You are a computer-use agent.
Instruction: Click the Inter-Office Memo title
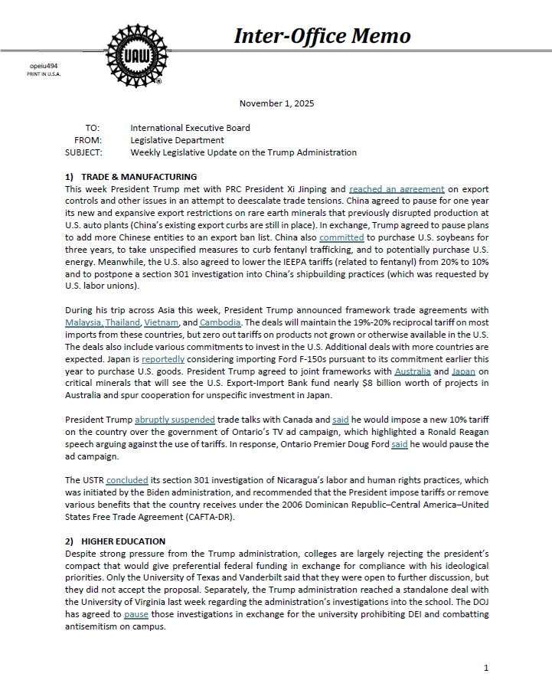pyautogui.click(x=322, y=35)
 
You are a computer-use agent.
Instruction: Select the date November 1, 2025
pyautogui.click(x=276, y=103)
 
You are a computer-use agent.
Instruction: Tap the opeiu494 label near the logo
pyautogui.click(x=44, y=67)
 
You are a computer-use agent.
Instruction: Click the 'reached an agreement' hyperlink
pyautogui.click(x=397, y=188)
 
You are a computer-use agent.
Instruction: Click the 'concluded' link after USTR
pyautogui.click(x=127, y=480)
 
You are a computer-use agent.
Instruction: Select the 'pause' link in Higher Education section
pyautogui.click(x=136, y=614)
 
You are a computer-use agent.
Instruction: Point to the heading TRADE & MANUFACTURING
pyautogui.click(x=128, y=177)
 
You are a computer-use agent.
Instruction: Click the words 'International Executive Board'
pyautogui.click(x=190, y=128)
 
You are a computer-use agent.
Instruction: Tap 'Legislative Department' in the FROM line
pyautogui.click(x=177, y=140)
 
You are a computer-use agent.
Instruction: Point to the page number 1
pyautogui.click(x=486, y=668)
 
